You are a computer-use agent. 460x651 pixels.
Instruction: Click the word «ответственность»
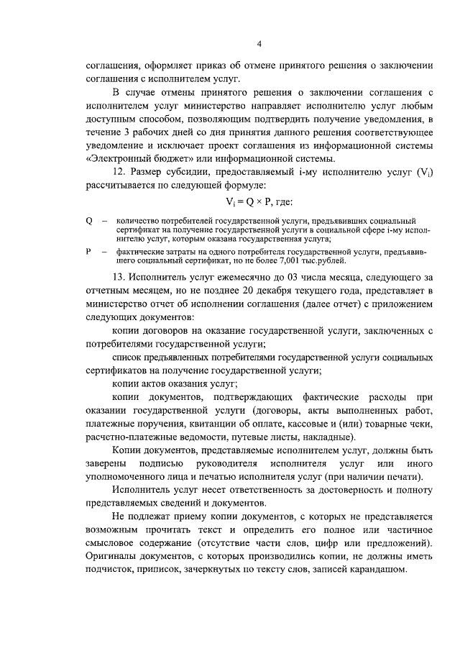(239, 490)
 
